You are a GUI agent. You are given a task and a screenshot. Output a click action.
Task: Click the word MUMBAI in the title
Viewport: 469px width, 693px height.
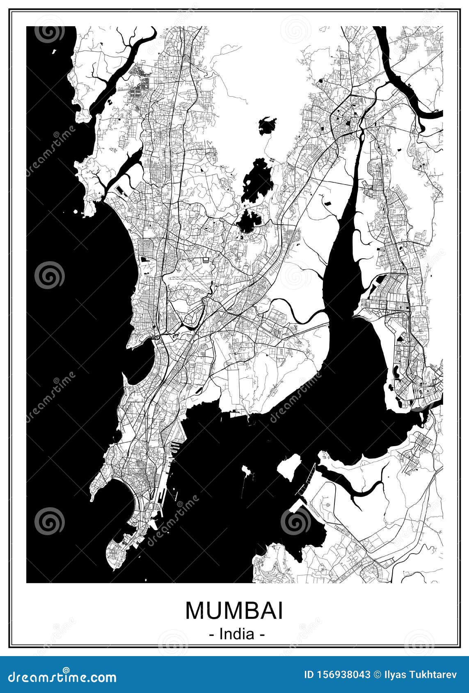click(234, 611)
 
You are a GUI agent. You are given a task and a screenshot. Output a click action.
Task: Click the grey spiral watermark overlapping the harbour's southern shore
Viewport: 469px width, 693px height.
click(296, 521)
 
